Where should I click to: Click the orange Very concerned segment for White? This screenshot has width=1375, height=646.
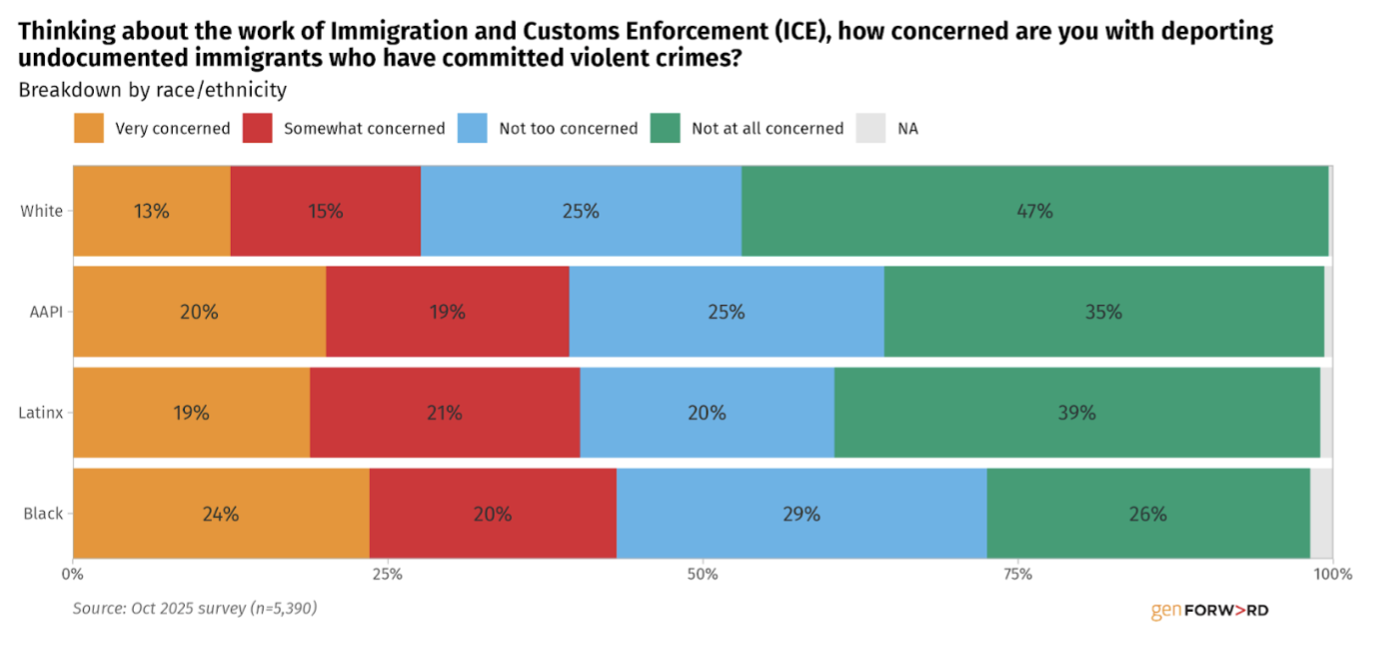coord(151,211)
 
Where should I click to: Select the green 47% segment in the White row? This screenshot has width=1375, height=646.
coord(1034,211)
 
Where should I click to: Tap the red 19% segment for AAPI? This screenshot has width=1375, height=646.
coord(447,312)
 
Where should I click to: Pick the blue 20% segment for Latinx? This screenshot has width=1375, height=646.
coord(706,412)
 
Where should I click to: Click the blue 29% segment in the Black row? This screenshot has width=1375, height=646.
coord(800,514)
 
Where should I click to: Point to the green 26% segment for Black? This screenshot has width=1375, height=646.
coord(1147,514)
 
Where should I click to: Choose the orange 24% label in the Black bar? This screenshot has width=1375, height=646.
coord(221,514)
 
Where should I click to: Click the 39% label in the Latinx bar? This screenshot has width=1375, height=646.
coord(1077,412)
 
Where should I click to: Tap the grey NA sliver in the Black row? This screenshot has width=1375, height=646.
coord(1321,514)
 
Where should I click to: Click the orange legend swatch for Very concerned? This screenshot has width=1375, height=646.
coord(89,128)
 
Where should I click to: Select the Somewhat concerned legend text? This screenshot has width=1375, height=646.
coord(364,128)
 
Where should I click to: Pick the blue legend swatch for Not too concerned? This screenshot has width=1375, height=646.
coord(473,128)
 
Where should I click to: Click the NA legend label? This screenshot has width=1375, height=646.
coord(907,128)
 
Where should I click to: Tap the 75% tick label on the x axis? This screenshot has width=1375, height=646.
coord(1017,575)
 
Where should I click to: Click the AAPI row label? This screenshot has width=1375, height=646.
coord(45,312)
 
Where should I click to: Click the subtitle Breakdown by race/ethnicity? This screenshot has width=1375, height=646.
coord(152,90)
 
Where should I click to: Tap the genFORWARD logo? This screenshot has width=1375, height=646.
coord(1209,610)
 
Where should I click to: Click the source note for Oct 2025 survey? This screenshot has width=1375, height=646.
coord(195,607)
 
